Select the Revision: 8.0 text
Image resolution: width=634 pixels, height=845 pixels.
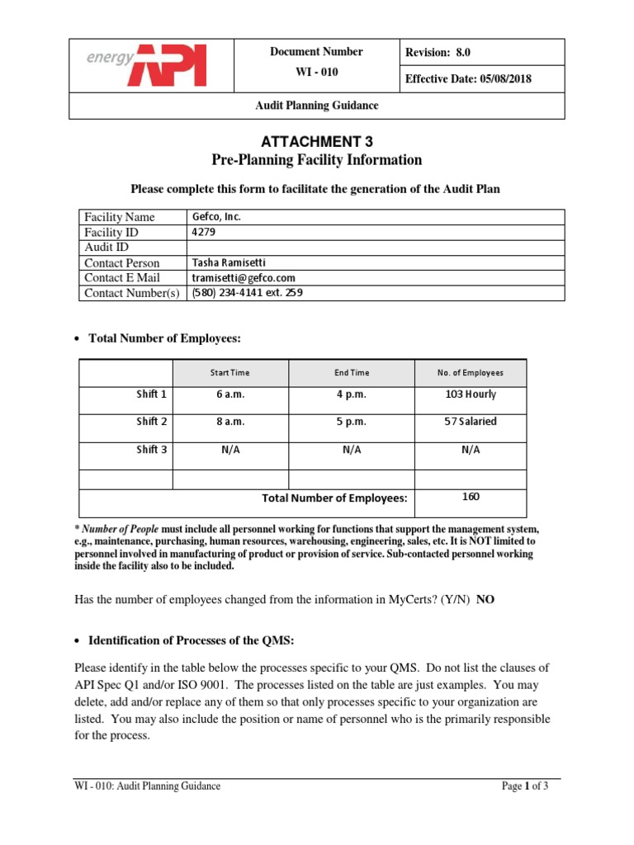click(438, 53)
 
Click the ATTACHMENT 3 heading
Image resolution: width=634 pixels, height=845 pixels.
click(316, 141)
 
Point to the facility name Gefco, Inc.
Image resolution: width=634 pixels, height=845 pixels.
click(215, 217)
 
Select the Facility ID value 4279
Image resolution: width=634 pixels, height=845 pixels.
click(203, 232)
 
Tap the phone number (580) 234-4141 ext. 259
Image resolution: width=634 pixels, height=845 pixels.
click(248, 293)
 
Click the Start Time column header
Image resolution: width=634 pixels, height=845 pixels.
click(230, 373)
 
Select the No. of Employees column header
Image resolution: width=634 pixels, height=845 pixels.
click(470, 373)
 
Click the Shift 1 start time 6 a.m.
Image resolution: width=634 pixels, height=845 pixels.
click(230, 394)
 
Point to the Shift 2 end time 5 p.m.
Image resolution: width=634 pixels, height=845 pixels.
click(351, 422)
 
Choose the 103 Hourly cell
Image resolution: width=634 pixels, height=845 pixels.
click(470, 394)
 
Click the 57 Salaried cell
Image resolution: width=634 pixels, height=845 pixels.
click(470, 422)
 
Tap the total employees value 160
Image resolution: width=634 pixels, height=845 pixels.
click(471, 497)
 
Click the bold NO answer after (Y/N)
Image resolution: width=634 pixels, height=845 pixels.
click(486, 600)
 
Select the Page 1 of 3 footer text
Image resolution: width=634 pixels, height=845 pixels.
click(525, 786)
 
